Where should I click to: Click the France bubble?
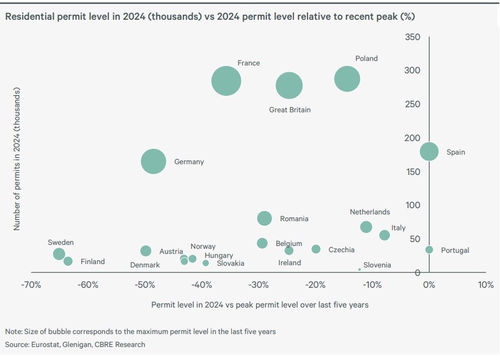coord(226,81)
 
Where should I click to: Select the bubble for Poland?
coord(347,78)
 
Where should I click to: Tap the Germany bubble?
coord(153,161)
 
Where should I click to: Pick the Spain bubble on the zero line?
coord(429,151)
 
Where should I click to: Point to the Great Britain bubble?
coord(289,86)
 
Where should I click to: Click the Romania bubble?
coord(264,218)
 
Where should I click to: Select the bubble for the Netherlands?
coord(366,227)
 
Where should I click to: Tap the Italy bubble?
coord(384,235)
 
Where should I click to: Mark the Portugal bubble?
coord(429,249)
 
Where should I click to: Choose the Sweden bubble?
coord(59,254)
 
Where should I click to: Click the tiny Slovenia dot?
coord(359,269)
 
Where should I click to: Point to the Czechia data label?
coord(341,250)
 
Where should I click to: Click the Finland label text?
coord(93,262)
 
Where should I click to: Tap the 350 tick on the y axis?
coord(413,37)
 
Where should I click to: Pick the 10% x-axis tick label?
coord(485,285)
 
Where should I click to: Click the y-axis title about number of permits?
coord(16,159)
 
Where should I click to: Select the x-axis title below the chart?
coord(260,305)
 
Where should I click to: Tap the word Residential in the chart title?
coord(29,16)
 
